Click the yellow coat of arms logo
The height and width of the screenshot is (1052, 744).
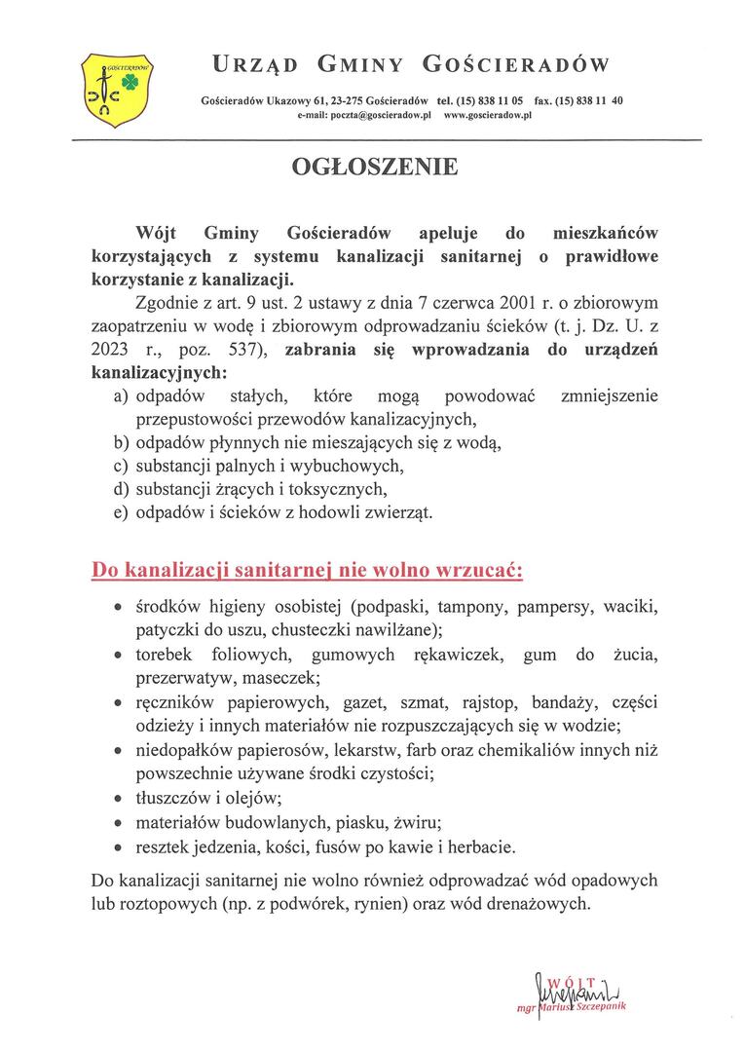point(119,89)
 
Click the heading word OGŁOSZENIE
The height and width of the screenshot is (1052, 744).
point(375,168)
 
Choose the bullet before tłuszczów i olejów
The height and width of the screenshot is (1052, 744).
point(119,799)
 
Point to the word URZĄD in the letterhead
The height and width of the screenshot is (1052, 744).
point(255,65)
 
